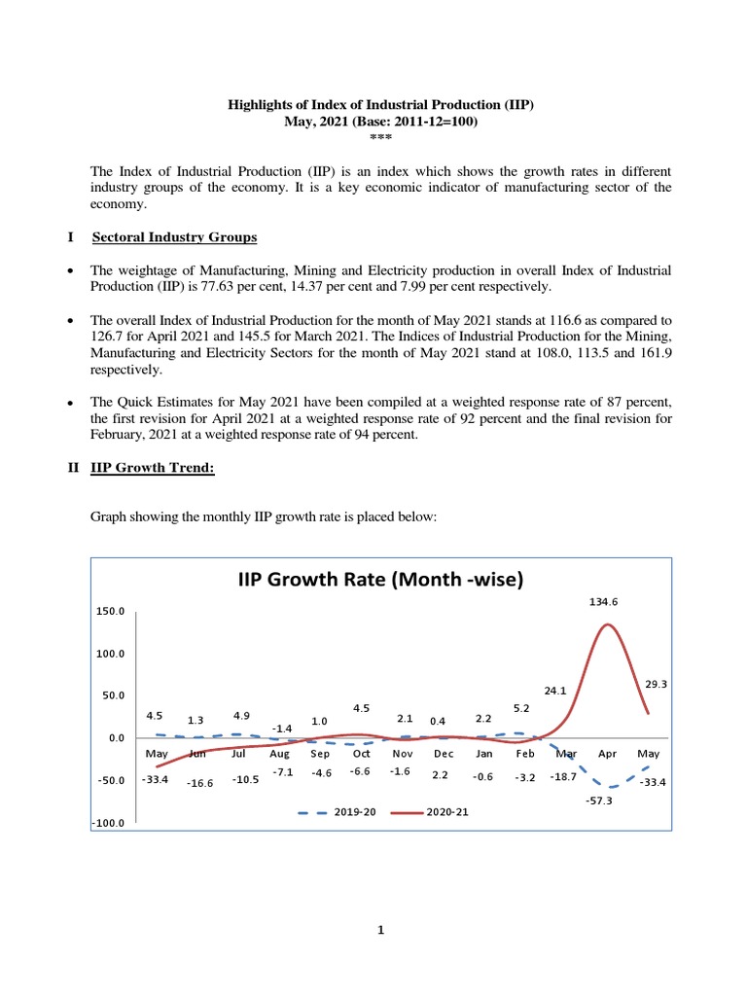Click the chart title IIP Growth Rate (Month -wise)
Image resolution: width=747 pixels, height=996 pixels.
pos(381,581)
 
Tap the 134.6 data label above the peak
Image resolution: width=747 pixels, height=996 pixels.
pos(603,602)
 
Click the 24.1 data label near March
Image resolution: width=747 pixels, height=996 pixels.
pos(555,691)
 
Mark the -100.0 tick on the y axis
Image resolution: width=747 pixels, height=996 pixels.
pos(111,823)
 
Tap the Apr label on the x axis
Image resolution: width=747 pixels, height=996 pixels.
pos(607,754)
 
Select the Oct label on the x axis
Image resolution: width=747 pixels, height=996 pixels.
pos(361,754)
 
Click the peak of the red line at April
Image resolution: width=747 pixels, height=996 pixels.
pos(607,624)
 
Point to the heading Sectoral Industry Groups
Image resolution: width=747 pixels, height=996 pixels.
pos(174,237)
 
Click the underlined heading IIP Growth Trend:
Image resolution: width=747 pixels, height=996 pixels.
pos(153,468)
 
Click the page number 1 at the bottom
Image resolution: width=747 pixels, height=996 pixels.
pos(381,930)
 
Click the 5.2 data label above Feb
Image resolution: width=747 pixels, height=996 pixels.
pos(520,708)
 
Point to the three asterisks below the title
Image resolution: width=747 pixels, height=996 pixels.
pos(380,136)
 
